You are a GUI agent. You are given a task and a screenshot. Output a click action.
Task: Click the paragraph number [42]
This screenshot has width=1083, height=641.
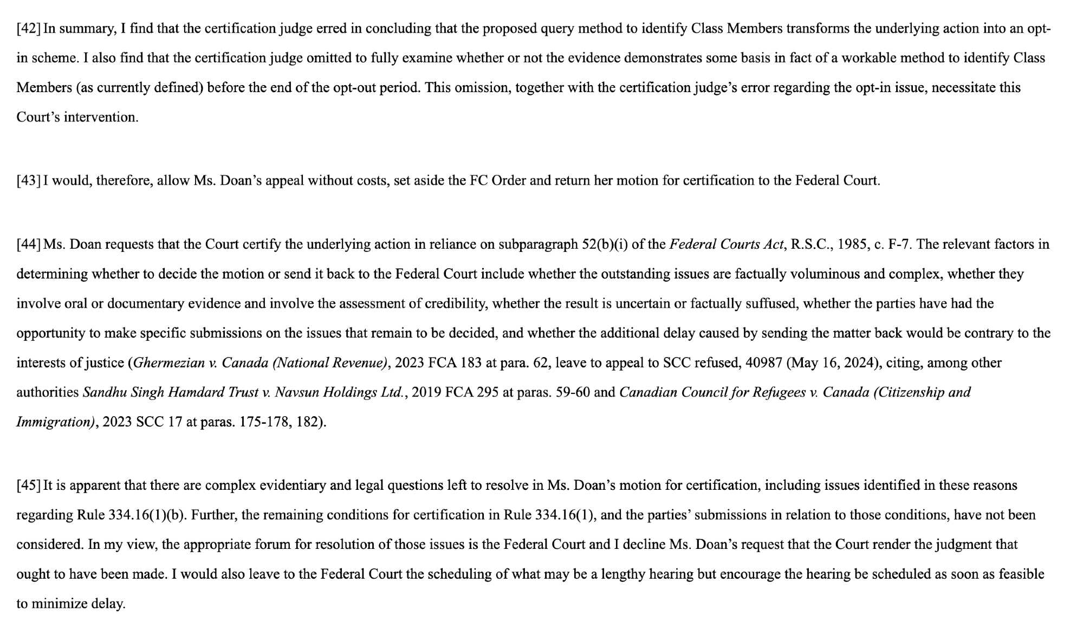coord(28,29)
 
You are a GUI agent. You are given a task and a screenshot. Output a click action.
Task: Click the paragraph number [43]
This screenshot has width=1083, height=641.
coord(28,180)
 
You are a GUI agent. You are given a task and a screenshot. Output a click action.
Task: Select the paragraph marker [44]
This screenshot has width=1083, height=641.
coord(28,244)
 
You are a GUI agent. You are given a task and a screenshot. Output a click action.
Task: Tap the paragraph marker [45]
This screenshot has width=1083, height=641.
coord(28,485)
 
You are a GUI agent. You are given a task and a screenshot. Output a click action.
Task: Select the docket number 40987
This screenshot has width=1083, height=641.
coord(763,362)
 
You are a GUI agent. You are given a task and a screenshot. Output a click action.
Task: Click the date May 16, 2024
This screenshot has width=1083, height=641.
coord(832,362)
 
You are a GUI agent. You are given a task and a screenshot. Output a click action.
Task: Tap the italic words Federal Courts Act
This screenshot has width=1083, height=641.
coord(727,244)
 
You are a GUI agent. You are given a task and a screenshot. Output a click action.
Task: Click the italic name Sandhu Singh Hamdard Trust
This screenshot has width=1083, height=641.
coord(170,392)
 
